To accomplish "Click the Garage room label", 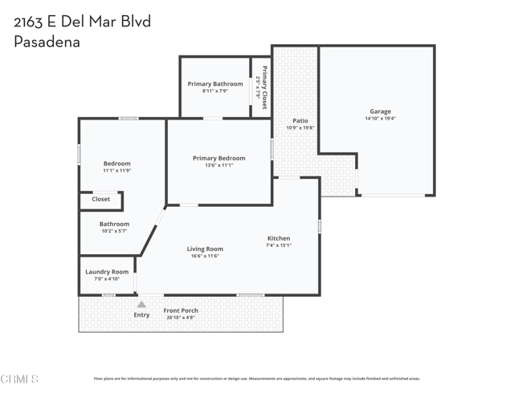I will pyautogui.click(x=380, y=111).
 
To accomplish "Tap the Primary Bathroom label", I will pyautogui.click(x=215, y=84).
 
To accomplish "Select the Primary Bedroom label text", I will pyautogui.click(x=219, y=158).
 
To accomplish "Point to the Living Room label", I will pyautogui.click(x=205, y=249).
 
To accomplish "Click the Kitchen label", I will pyautogui.click(x=279, y=238).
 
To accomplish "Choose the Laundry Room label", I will pyautogui.click(x=107, y=272).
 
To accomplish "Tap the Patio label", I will pyautogui.click(x=300, y=121).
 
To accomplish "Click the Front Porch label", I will pyautogui.click(x=181, y=310).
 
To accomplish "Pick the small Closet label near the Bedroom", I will pyautogui.click(x=100, y=199).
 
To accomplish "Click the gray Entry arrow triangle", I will pyautogui.click(x=141, y=304).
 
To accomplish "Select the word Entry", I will pyautogui.click(x=141, y=315).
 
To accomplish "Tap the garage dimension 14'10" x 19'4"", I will pyautogui.click(x=380, y=119).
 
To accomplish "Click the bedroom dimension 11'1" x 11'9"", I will pyautogui.click(x=116, y=170).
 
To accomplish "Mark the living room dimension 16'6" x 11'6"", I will pyautogui.click(x=205, y=256).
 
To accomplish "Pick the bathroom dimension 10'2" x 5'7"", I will pyautogui.click(x=114, y=231).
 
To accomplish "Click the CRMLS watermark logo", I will pyautogui.click(x=20, y=379).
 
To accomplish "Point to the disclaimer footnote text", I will pyautogui.click(x=256, y=379).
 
